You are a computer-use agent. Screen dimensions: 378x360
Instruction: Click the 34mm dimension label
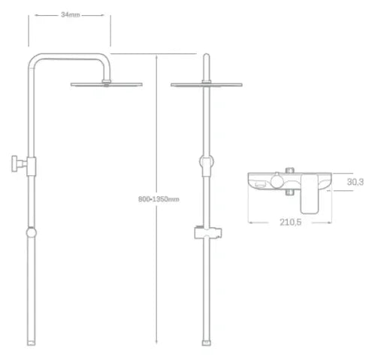[71, 15]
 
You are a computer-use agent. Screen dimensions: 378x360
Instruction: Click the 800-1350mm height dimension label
[159, 199]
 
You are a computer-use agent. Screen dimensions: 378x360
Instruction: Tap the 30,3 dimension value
[355, 182]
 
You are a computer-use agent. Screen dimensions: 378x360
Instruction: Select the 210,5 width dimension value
[290, 222]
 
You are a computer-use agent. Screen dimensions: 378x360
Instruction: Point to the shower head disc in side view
[107, 85]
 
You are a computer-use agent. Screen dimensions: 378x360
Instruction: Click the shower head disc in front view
[207, 85]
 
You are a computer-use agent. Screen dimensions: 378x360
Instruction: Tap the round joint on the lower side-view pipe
[32, 233]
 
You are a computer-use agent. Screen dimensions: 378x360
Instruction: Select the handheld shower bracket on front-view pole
[208, 233]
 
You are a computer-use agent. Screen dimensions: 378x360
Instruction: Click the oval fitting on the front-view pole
[207, 162]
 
